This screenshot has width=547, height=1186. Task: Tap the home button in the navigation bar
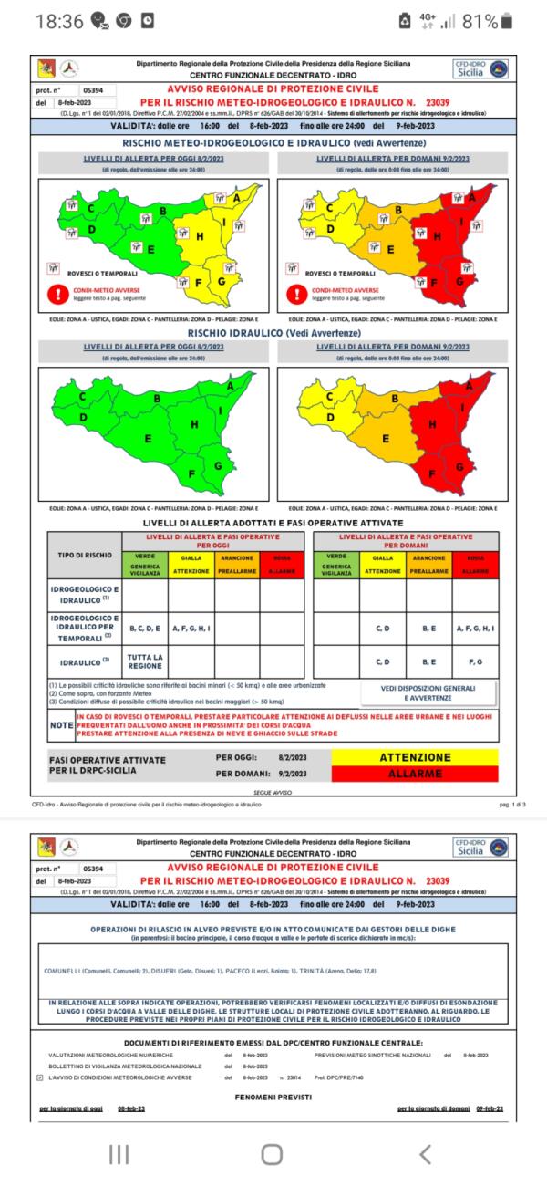click(272, 1154)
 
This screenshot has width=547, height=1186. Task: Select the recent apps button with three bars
click(119, 1154)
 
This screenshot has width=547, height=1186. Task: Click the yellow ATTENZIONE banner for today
click(415, 757)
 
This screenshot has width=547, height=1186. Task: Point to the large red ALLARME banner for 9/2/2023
click(415, 774)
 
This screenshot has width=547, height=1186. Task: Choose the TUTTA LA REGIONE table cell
click(145, 661)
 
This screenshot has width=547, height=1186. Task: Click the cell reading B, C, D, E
click(145, 629)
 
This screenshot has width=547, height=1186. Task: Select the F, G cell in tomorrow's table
click(473, 661)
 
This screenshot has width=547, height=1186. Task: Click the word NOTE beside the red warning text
click(61, 726)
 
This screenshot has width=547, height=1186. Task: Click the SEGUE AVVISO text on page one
click(273, 793)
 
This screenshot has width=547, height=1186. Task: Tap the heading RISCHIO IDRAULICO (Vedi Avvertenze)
click(273, 335)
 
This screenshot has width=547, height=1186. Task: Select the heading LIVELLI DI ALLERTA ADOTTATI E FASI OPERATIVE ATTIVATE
click(273, 522)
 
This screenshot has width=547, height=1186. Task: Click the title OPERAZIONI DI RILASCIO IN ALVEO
click(273, 927)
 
